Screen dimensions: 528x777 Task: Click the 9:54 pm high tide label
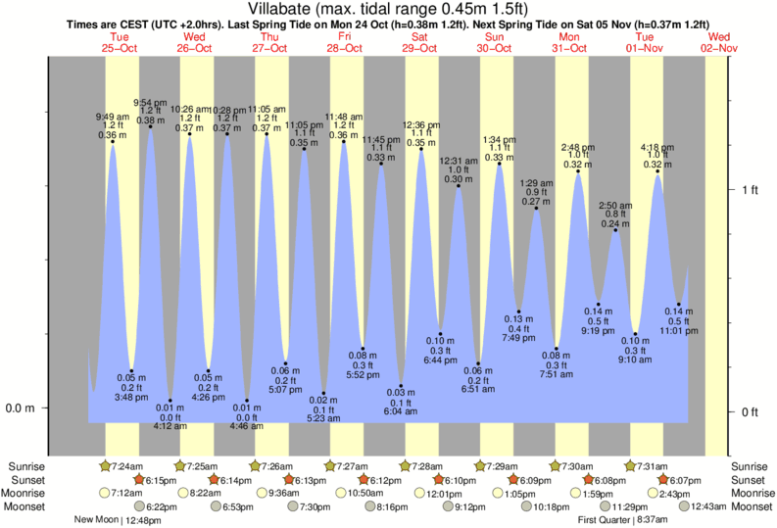150,102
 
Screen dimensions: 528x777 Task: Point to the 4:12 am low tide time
170,425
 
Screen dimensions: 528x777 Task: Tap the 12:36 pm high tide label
420,125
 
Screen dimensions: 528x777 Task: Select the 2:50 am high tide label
615,205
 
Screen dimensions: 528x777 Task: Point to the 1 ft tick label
750,188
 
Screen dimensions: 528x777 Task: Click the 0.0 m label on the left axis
22,408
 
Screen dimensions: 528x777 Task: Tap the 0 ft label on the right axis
750,411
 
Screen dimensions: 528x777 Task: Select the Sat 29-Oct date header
420,42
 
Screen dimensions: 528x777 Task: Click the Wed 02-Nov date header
720,42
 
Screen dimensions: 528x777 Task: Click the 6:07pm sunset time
686,480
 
